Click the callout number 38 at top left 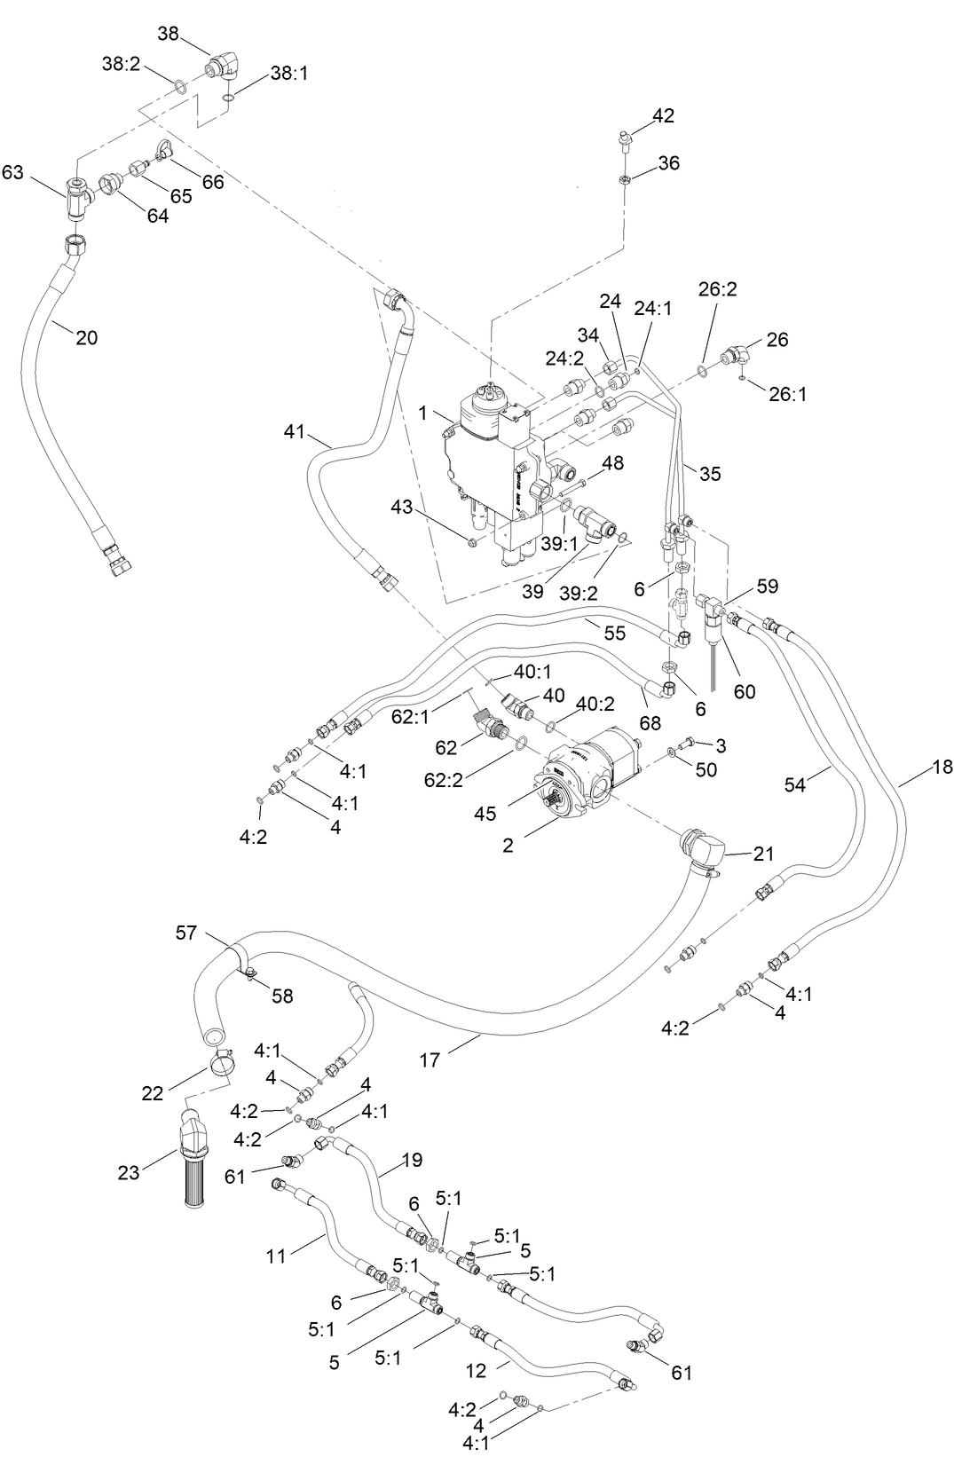[x=169, y=34]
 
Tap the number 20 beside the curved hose [x=86, y=337]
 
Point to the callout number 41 [x=295, y=432]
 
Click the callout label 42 [x=663, y=115]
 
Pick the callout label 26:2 [x=717, y=289]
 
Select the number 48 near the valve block [x=612, y=462]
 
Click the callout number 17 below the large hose [x=430, y=1059]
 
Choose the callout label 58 [x=282, y=996]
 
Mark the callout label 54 [x=796, y=784]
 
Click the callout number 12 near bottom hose [x=477, y=1370]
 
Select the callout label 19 [x=412, y=1160]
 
